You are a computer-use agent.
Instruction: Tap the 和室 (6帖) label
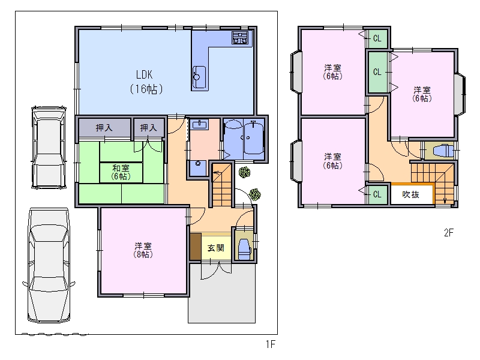point(121,172)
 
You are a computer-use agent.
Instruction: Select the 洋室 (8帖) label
point(143,250)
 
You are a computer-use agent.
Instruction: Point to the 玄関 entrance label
point(216,248)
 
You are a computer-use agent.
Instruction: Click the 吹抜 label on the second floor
point(410,194)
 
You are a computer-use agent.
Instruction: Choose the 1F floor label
point(271,344)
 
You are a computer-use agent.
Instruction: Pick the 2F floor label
point(448,233)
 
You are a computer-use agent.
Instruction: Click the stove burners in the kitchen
point(239,38)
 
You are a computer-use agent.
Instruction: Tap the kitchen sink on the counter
point(199,77)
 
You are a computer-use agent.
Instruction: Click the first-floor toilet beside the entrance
point(244,249)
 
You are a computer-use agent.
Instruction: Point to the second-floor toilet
point(443,151)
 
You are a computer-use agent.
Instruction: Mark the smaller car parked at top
point(49,147)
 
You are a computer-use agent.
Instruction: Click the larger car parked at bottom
point(49,265)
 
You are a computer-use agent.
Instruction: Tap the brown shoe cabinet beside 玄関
point(196,247)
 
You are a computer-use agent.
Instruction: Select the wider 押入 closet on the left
point(104,128)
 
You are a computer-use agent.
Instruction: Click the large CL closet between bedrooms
point(377,72)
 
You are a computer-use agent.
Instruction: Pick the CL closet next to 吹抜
point(377,194)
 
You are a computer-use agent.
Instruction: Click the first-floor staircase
point(221,185)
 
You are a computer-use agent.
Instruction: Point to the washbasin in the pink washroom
point(199,125)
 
